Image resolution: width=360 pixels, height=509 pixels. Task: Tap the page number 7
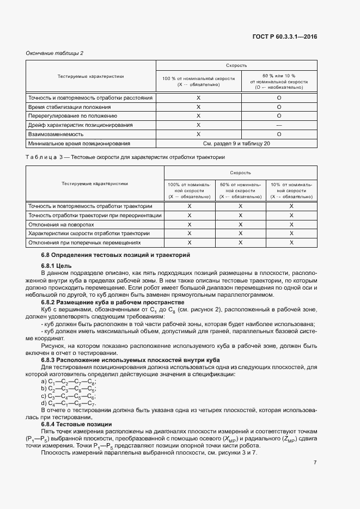(315, 463)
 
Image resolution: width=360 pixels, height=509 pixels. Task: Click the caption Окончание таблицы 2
(55, 53)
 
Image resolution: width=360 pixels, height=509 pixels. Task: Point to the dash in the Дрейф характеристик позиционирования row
(279, 125)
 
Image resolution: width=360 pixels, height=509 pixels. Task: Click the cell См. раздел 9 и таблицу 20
(236, 144)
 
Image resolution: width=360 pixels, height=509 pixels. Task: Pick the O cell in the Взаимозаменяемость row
(279, 134)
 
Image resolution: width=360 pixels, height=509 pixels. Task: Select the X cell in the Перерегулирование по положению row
(198, 116)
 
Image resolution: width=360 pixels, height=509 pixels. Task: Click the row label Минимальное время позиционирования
(79, 144)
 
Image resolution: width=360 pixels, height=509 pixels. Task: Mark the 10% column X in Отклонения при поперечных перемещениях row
(291, 242)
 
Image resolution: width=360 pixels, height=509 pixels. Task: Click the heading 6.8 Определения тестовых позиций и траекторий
(115, 255)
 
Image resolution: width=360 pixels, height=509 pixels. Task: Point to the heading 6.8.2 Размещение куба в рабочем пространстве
(113, 302)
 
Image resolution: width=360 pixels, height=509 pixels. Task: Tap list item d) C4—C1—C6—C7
(68, 404)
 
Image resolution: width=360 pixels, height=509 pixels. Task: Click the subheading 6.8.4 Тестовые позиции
(76, 424)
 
